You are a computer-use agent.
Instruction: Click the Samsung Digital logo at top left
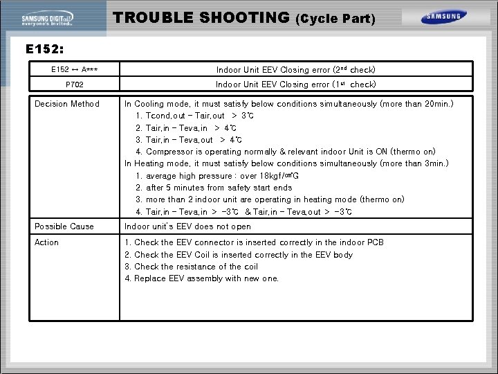click(x=53, y=19)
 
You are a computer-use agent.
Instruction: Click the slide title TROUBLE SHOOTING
click(x=201, y=17)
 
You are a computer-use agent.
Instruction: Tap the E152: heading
click(x=46, y=50)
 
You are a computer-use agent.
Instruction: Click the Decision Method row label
click(x=67, y=104)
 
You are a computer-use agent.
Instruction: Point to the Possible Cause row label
click(x=64, y=226)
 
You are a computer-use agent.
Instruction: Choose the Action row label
click(x=47, y=242)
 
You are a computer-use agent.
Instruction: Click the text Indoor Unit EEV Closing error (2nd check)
click(x=296, y=70)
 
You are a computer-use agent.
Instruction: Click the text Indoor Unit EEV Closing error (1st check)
click(x=296, y=84)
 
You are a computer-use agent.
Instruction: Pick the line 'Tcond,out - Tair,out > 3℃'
click(x=195, y=116)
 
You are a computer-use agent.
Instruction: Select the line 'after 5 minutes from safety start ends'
click(x=214, y=188)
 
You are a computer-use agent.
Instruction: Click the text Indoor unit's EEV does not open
click(x=187, y=226)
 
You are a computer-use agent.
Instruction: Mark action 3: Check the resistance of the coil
click(x=191, y=267)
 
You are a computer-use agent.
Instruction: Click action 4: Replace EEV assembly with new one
click(x=201, y=278)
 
